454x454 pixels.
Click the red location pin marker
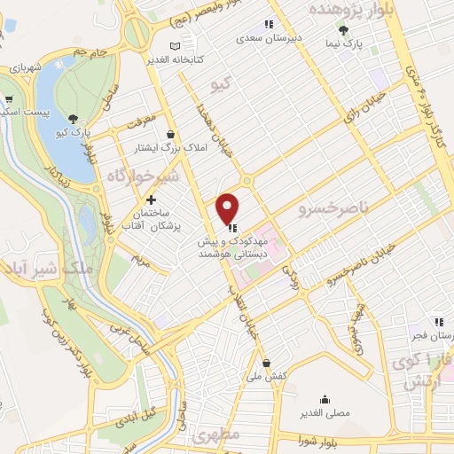[x=229, y=208]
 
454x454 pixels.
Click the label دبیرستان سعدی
[x=268, y=39]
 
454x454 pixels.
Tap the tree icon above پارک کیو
[x=73, y=119]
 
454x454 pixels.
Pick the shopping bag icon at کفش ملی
[x=267, y=362]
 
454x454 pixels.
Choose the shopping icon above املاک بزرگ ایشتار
[x=171, y=134]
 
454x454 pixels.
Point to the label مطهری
[x=221, y=437]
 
